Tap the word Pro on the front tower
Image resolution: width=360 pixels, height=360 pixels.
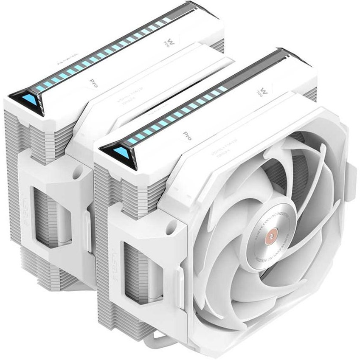pyautogui.click(x=187, y=136)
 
